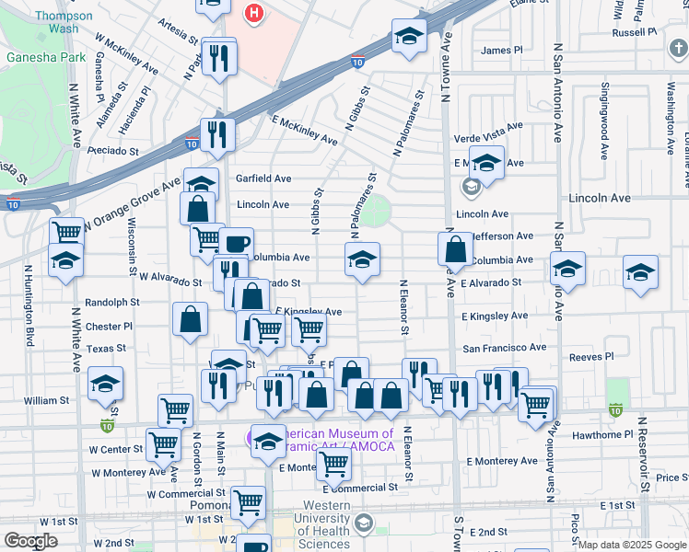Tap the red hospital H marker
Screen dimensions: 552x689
[253, 14]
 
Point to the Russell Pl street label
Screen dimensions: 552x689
[634, 31]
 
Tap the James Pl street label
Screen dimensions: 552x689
[501, 51]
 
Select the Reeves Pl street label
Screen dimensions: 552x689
[590, 357]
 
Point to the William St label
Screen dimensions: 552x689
[47, 400]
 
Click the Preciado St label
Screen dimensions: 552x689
[115, 151]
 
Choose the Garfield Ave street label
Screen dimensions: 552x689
[263, 178]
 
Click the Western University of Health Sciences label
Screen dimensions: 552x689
[323, 524]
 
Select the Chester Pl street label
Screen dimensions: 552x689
[109, 327]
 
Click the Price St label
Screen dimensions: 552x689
[672, 477]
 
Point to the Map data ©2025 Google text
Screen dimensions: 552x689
[632, 545]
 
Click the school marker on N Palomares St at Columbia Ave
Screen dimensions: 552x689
[363, 260]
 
